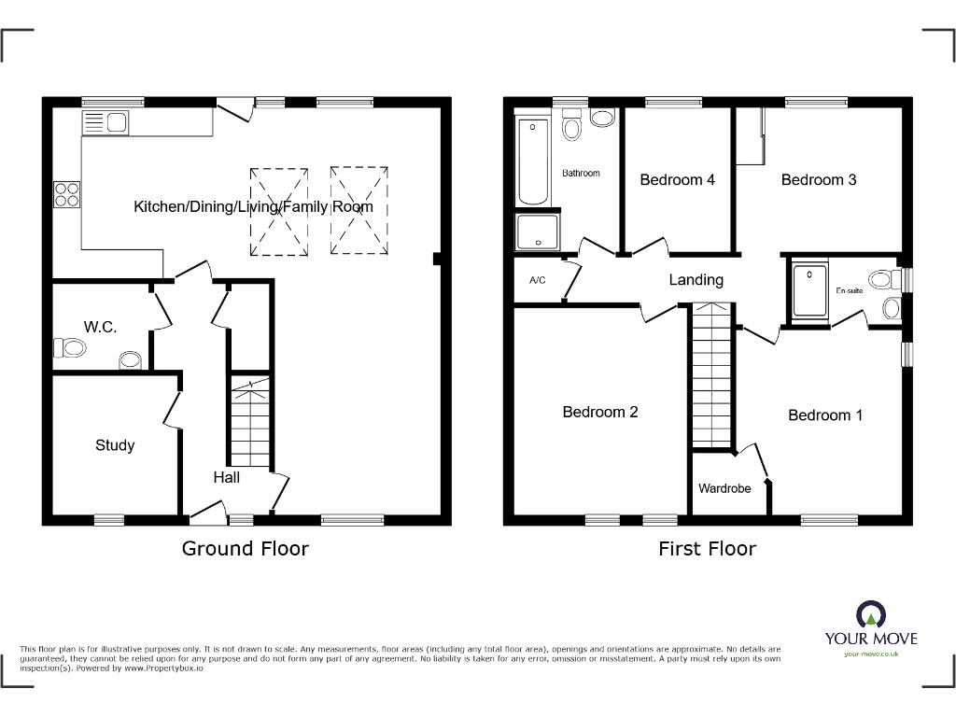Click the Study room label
click(115, 445)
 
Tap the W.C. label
click(100, 327)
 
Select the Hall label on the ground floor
click(226, 477)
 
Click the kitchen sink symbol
click(105, 122)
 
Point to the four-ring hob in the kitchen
click(67, 194)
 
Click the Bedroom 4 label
click(677, 179)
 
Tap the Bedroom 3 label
click(818, 179)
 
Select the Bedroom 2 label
click(600, 412)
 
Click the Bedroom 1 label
click(825, 415)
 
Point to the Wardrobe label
click(724, 488)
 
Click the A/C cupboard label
click(537, 280)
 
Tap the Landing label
click(696, 279)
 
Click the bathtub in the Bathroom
click(533, 161)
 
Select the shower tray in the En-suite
click(809, 291)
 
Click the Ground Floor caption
click(245, 548)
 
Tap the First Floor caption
click(707, 548)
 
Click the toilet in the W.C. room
click(70, 348)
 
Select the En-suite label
click(848, 290)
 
